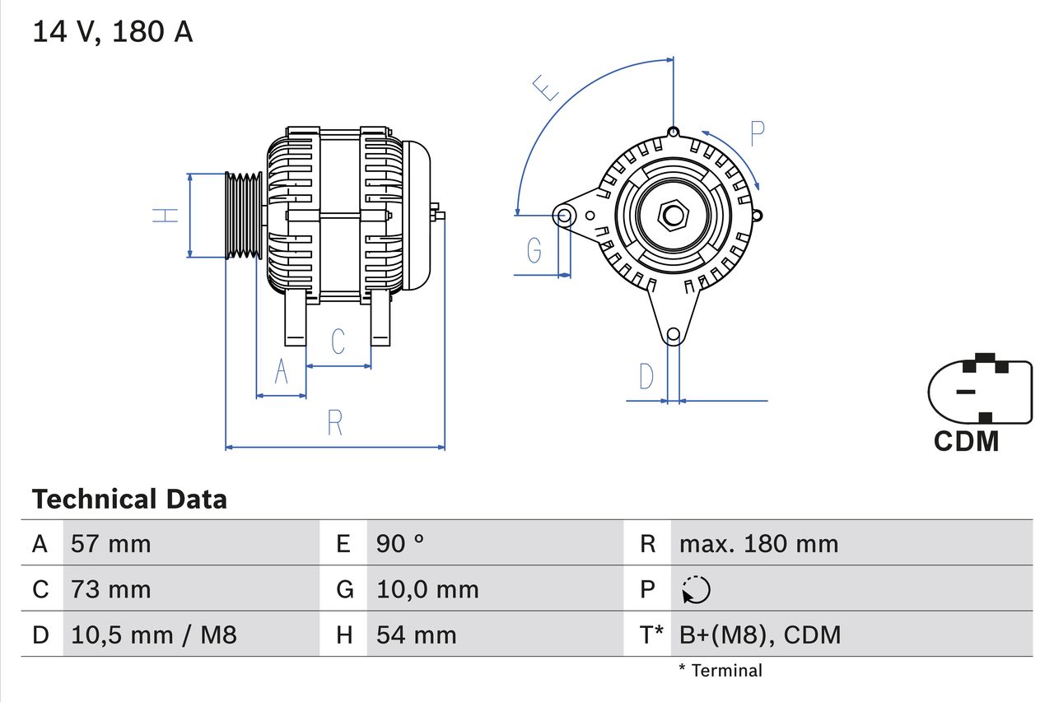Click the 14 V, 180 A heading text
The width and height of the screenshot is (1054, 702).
pos(113,32)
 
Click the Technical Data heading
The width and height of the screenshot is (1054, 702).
pos(129,500)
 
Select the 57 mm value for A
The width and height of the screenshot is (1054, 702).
pos(111,544)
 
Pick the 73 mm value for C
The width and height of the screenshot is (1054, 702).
pos(111,589)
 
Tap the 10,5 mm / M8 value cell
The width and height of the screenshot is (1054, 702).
pos(154,635)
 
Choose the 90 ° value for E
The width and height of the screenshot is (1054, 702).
pos(400,544)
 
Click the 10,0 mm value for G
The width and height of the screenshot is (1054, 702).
pos(427,589)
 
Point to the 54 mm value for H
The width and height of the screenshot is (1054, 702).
pos(416,635)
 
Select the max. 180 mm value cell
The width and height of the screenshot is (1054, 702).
pos(758,544)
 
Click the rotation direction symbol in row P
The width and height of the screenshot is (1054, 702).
pos(696,589)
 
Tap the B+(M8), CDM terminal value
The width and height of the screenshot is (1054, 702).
pos(760,635)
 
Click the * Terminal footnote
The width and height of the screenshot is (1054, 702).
pos(721,671)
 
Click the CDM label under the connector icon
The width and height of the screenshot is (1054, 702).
pos(966,442)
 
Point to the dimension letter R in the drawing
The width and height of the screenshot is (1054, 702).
pos(334,423)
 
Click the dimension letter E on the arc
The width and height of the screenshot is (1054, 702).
pos(546,87)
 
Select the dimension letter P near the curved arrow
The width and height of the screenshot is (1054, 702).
pos(757,133)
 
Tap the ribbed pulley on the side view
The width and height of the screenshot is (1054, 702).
pos(244,216)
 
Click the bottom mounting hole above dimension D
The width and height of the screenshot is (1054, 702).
pos(673,334)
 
